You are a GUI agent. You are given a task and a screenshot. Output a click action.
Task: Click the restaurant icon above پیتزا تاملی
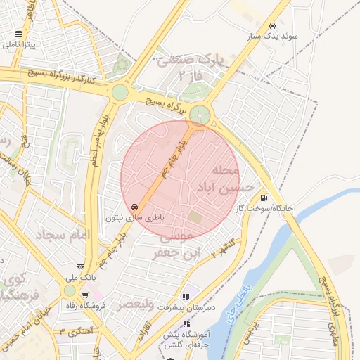point(18,33)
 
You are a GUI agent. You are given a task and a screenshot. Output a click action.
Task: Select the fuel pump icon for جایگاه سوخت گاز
point(264,198)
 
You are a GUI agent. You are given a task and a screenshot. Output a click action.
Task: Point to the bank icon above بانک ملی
point(81,266)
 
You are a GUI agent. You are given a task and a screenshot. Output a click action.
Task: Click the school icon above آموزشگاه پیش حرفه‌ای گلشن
point(186,323)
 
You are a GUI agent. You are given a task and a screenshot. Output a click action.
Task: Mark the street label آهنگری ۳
point(72,331)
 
